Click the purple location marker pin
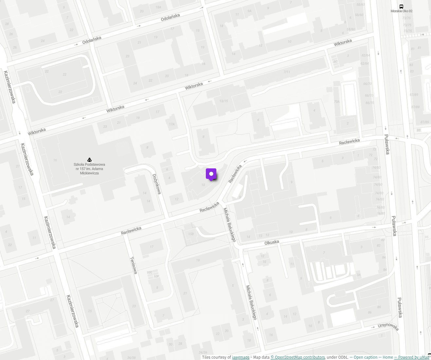[211, 174]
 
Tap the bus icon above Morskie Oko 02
[401, 7]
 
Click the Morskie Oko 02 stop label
[401, 11]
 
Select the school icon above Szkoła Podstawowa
[89, 160]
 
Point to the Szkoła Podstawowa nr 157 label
[89, 169]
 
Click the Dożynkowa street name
[157, 184]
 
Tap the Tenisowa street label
[134, 265]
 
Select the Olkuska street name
[272, 242]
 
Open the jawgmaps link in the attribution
[241, 357]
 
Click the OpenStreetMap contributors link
[298, 357]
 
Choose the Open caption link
[364, 357]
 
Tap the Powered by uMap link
[412, 357]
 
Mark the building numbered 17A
[172, 124]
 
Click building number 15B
[191, 234]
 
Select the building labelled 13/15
[224, 101]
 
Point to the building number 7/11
[287, 72]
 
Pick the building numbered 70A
[337, 102]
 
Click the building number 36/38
[131, 358]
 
